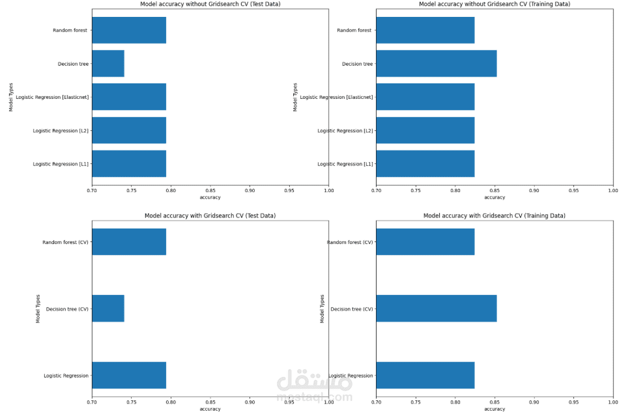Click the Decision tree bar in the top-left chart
point(108,64)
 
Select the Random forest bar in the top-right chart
point(425,30)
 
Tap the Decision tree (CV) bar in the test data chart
point(108,309)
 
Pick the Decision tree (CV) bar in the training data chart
point(436,309)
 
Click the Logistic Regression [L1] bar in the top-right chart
point(425,164)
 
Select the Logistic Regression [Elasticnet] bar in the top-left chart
point(129,97)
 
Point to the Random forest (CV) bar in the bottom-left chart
point(129,241)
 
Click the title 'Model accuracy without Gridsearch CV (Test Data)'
point(210,4)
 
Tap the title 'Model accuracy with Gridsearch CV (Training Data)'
point(494,215)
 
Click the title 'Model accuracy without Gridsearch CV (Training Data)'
point(494,4)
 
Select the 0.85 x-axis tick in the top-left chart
point(210,191)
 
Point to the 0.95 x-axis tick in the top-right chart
point(573,191)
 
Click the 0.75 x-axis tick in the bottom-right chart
point(416,402)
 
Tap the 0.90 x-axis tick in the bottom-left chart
point(250,402)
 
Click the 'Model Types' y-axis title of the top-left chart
point(11,97)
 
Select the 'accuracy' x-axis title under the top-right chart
point(494,197)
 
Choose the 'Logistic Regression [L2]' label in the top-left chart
point(61,131)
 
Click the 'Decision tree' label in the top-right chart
point(358,64)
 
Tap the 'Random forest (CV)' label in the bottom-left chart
point(65,242)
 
